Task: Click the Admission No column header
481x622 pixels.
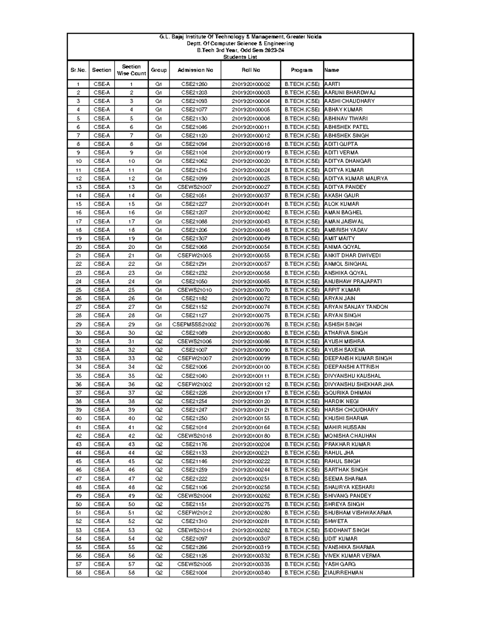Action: point(195,70)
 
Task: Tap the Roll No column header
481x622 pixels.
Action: point(251,70)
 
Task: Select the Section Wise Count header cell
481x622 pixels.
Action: point(131,70)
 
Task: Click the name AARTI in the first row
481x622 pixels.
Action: point(332,84)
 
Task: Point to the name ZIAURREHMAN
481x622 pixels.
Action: point(344,573)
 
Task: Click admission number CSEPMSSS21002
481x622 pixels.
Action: point(194,324)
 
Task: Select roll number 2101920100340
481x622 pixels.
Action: point(251,573)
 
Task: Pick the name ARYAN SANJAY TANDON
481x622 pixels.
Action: point(356,307)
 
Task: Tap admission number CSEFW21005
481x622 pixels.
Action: point(194,256)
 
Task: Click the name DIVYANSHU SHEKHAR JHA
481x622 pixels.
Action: point(359,384)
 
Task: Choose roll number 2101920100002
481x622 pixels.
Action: point(251,84)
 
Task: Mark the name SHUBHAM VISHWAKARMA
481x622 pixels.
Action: point(358,513)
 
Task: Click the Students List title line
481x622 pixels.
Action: point(240,57)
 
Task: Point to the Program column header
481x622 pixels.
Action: point(302,70)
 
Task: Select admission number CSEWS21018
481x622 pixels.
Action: point(194,436)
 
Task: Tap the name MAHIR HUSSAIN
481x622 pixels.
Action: point(345,427)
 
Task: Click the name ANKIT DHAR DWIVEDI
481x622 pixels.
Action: point(352,256)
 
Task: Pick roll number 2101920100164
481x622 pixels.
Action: point(251,427)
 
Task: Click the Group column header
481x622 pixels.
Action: point(159,70)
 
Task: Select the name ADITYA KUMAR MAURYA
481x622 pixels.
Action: point(356,179)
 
